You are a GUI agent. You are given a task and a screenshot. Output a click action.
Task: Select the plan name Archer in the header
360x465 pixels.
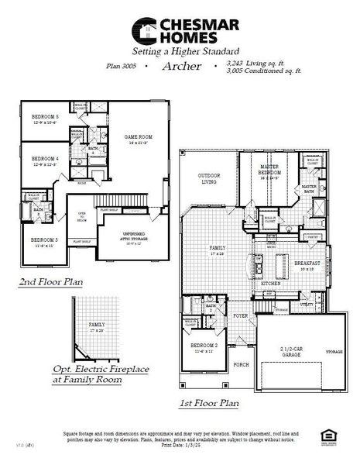pos(182,67)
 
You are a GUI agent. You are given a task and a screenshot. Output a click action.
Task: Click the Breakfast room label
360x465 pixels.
pos(307,263)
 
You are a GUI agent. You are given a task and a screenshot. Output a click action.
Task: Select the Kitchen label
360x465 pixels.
pos(270,284)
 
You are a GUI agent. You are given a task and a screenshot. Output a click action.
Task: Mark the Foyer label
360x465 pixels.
pos(241,315)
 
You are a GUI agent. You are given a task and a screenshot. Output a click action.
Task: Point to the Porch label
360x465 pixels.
pos(241,363)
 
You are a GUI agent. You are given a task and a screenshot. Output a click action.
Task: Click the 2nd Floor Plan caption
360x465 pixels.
pos(52,283)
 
